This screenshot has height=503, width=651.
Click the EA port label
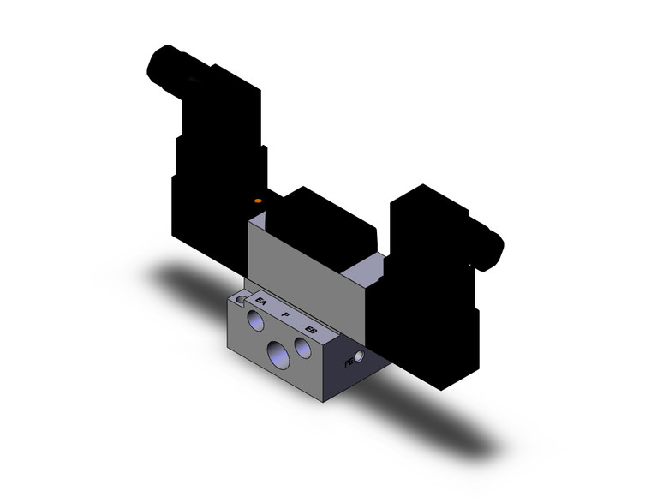(261, 303)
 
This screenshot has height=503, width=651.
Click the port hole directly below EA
(256, 322)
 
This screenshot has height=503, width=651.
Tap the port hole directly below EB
(303, 347)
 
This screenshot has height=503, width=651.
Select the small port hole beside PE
(360, 356)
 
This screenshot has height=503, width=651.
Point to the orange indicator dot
(258, 201)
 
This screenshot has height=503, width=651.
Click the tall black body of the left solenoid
(214, 171)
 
